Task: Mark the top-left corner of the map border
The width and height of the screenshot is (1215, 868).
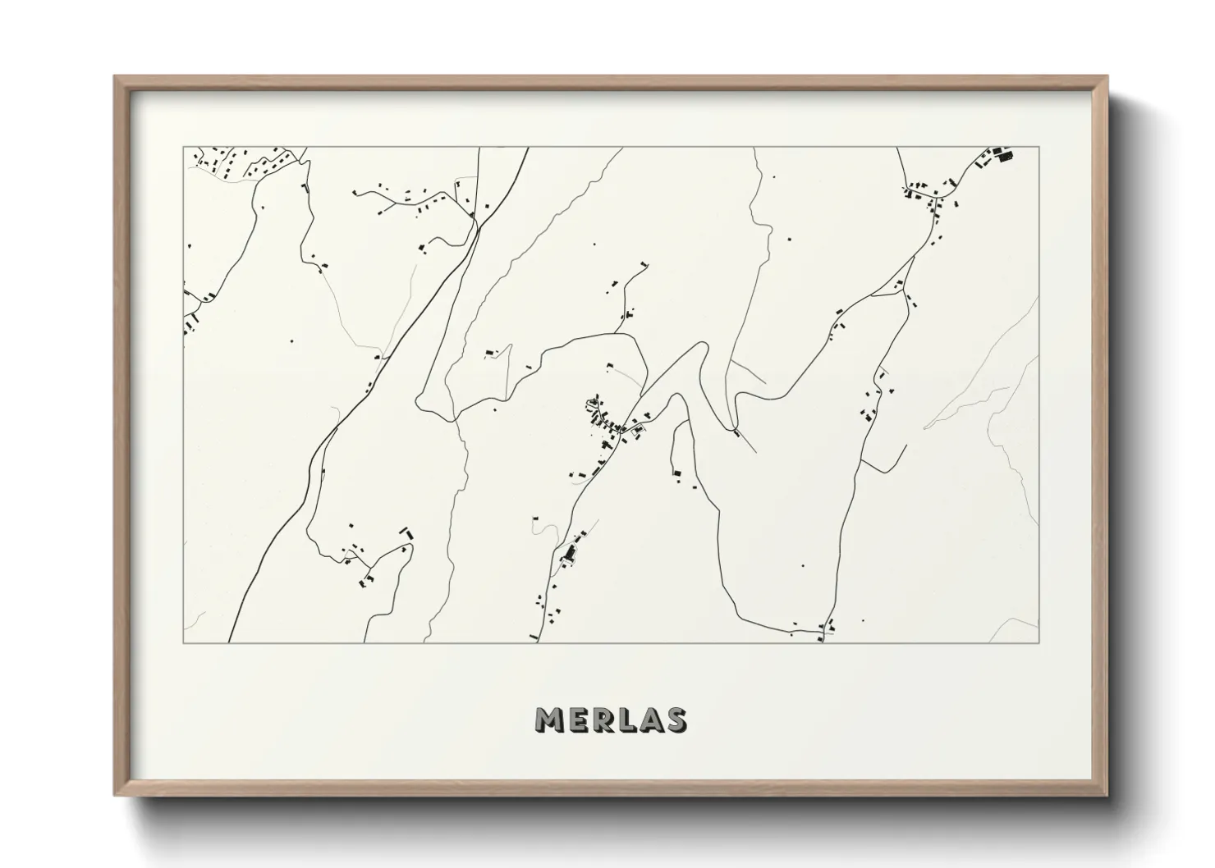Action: tap(184, 148)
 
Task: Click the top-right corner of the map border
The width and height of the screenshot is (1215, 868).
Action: tap(1038, 148)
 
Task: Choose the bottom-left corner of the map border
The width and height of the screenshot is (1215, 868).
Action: tap(184, 642)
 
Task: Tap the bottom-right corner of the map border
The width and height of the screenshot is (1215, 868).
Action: tap(1038, 642)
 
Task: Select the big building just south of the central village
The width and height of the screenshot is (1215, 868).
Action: tap(566, 553)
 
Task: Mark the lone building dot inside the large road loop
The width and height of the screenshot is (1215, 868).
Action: tap(803, 565)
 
